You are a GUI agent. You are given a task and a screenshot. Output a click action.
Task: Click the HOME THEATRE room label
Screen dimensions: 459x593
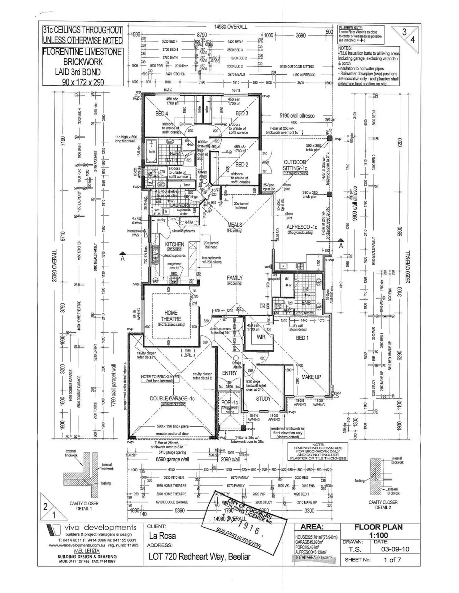point(171,316)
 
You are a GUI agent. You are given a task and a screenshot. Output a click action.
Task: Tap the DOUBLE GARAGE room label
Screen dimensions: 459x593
point(172,398)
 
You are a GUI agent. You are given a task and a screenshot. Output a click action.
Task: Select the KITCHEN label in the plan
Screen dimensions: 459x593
point(175,244)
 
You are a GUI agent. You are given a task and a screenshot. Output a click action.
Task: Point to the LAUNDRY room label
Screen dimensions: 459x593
point(180,205)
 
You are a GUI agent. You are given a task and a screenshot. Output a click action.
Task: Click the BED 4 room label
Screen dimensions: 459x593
point(162,114)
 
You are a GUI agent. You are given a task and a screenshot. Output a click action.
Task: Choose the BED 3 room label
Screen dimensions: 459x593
point(242,113)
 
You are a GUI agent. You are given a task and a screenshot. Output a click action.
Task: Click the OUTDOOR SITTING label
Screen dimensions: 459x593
point(295,165)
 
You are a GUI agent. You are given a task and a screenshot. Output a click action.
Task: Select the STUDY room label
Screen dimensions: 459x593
point(263,398)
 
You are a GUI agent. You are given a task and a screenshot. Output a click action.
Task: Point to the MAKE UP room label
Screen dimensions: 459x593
point(311,377)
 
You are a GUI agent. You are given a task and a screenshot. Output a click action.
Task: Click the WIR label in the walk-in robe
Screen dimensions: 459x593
point(261,337)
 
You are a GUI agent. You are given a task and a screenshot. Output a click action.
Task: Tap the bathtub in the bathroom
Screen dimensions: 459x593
point(152,153)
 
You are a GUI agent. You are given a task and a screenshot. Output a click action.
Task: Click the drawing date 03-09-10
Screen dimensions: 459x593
point(395,549)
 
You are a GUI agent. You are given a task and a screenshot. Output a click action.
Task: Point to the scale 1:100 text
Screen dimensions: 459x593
point(379,535)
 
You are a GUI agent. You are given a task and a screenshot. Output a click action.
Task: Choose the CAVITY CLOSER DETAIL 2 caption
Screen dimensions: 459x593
point(383,505)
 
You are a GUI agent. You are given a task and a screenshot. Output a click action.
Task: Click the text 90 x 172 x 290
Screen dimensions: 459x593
point(83,82)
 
